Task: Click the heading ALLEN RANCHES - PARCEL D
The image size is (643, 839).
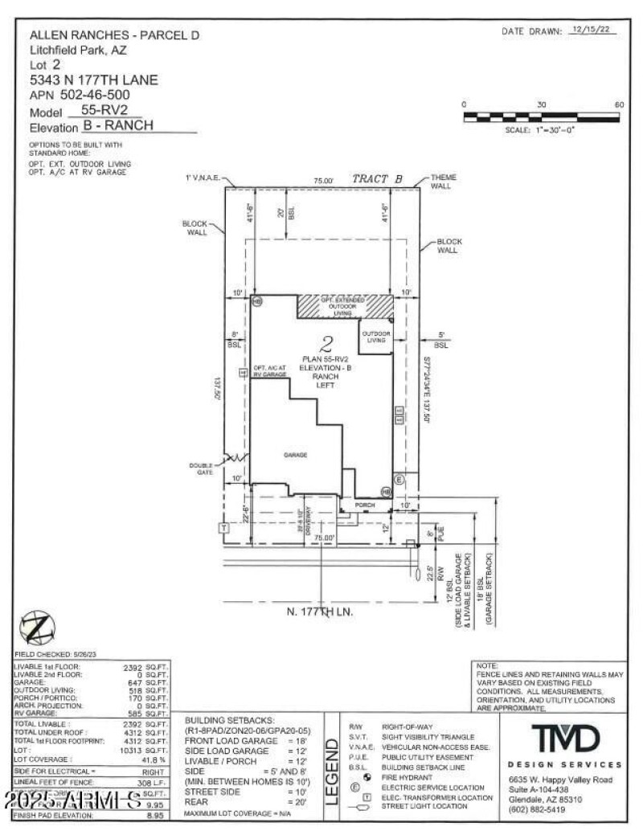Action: coord(113,35)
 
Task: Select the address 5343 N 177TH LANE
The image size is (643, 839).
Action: coord(93,80)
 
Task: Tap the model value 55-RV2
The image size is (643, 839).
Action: coord(105,110)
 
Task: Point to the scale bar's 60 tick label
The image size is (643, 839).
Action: coord(618,105)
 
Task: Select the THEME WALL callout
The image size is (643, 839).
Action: coord(443,181)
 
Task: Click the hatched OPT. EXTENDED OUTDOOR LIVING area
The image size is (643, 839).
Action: coord(345,305)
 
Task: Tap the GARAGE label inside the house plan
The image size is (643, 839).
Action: coord(295,455)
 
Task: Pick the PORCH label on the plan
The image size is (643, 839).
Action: coord(365,505)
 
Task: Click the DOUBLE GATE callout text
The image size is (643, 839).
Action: coord(201,468)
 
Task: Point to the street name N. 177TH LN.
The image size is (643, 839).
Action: coord(321,612)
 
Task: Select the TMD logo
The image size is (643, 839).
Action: coord(565,737)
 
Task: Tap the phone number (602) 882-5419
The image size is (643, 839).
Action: coord(536,809)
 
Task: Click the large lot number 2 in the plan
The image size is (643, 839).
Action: coord(326,346)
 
